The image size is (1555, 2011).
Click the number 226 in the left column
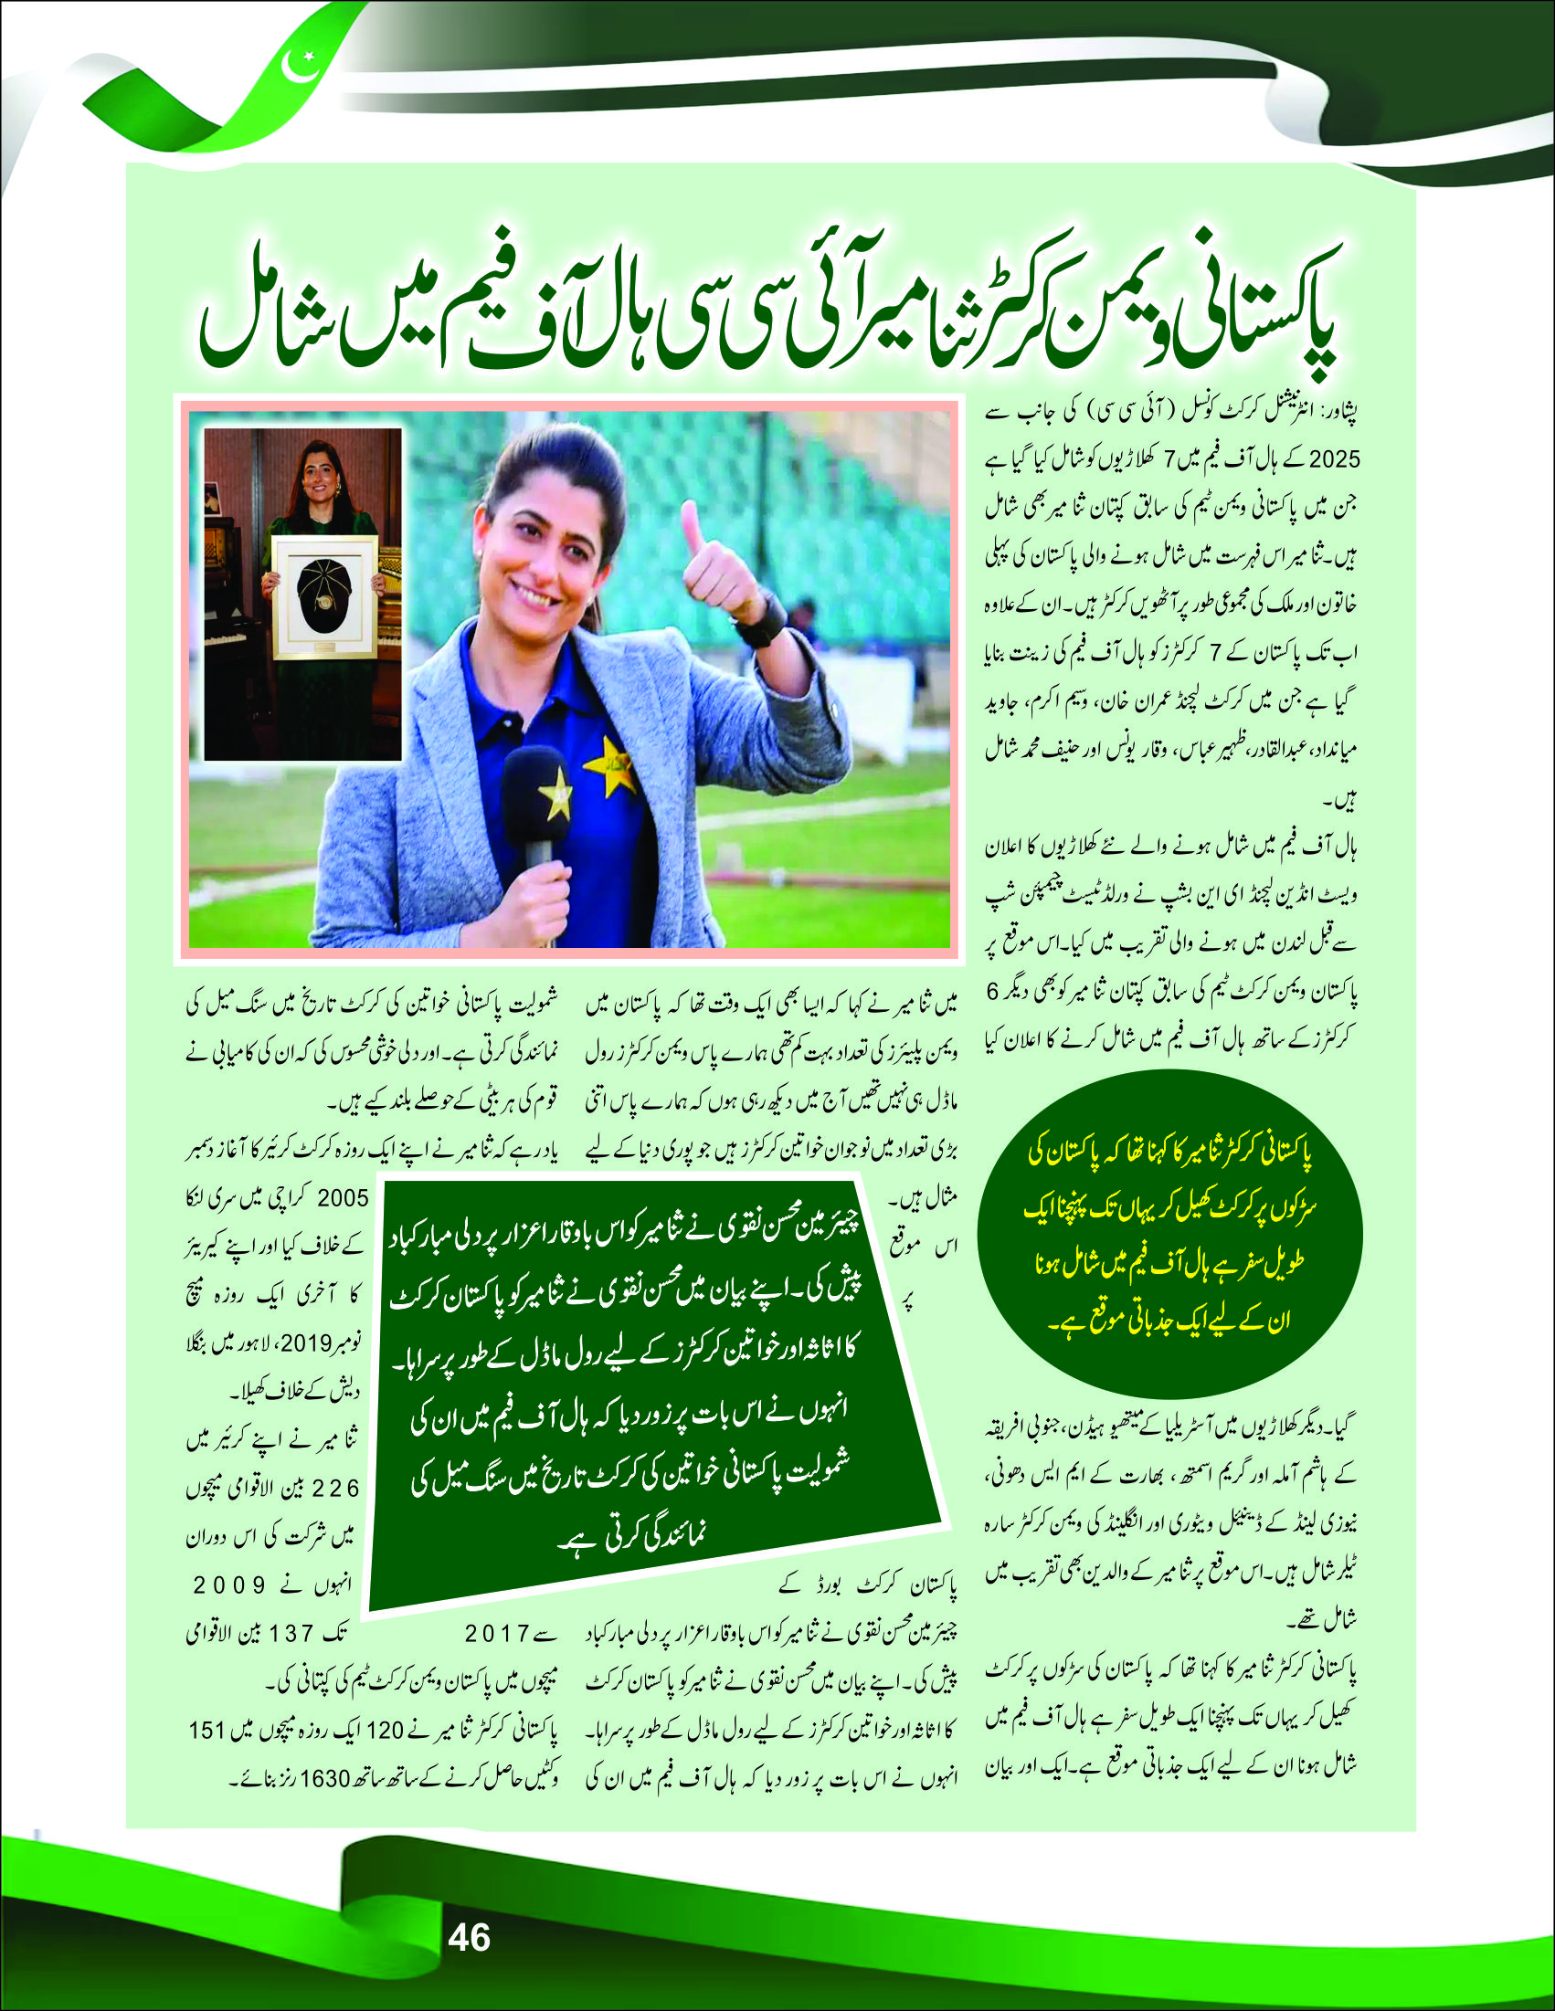click(x=336, y=1489)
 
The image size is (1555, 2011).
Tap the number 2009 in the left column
click(x=230, y=1585)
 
